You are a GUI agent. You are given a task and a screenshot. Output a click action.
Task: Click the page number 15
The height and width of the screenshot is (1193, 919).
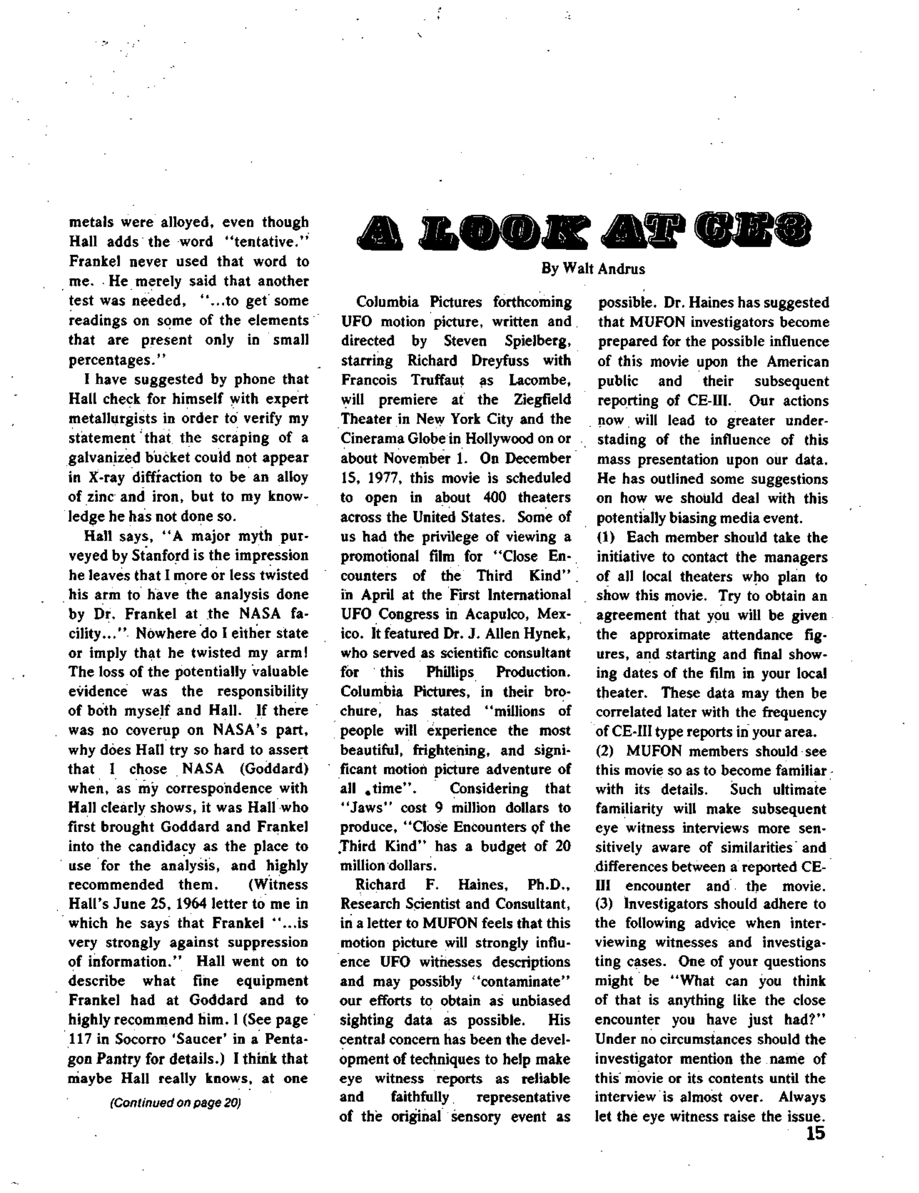click(x=815, y=1134)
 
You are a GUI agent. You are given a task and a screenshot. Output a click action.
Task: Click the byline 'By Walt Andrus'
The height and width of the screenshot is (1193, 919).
click(x=593, y=269)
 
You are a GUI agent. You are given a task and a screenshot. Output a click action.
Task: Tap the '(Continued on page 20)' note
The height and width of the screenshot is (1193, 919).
click(x=176, y=1102)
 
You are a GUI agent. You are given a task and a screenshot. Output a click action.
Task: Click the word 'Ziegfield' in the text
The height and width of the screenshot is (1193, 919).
click(x=542, y=400)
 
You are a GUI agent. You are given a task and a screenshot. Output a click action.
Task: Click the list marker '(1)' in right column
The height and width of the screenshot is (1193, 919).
click(x=606, y=537)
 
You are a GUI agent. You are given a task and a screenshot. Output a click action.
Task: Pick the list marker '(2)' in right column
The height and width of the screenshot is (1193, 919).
click(x=606, y=751)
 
